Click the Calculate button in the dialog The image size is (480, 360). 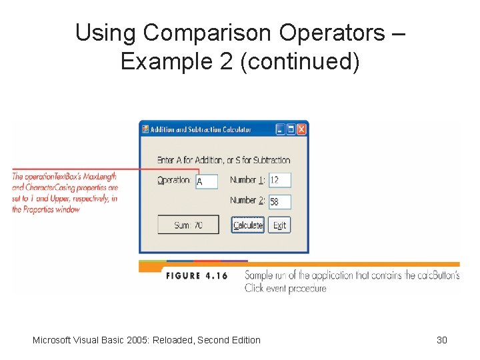pyautogui.click(x=248, y=225)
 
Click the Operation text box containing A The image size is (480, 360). pyautogui.click(x=207, y=181)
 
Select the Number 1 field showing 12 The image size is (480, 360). pyautogui.click(x=280, y=180)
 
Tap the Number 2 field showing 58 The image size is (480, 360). pyautogui.click(x=280, y=201)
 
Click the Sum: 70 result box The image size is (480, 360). pyautogui.click(x=189, y=225)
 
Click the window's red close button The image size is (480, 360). pyautogui.click(x=301, y=129)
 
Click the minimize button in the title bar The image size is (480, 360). pyautogui.click(x=281, y=129)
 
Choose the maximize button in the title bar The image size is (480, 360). pyautogui.click(x=291, y=129)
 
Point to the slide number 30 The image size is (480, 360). pyautogui.click(x=441, y=340)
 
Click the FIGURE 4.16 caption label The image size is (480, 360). pyautogui.click(x=197, y=275)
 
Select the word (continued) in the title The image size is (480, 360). pyautogui.click(x=304, y=61)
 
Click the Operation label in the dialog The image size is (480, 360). pyautogui.click(x=173, y=180)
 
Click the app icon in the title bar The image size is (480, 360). pyautogui.click(x=145, y=129)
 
